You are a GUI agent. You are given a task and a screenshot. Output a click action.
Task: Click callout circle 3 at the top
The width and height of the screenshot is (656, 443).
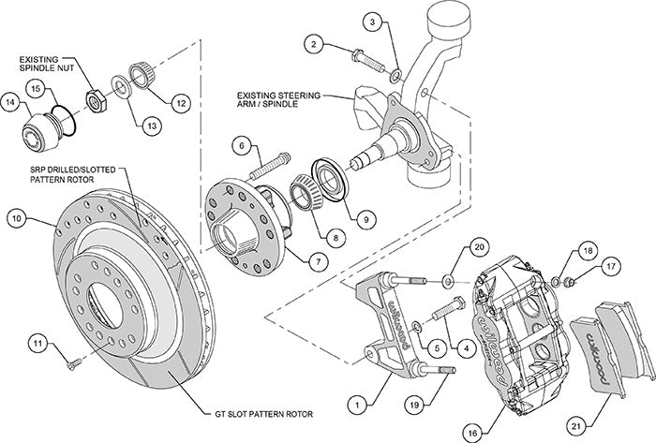tap(372, 21)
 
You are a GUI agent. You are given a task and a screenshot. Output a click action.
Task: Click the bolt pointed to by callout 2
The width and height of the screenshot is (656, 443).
tap(368, 61)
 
